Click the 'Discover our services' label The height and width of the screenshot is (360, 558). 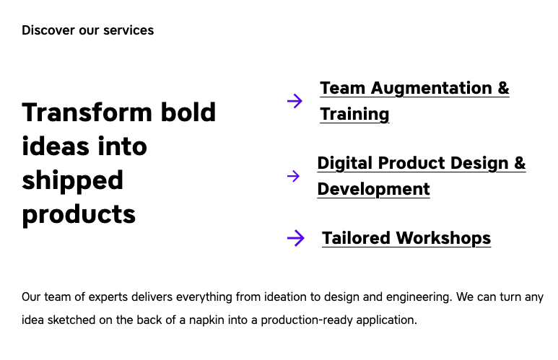tap(87, 30)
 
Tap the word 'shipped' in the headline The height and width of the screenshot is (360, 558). tap(72, 180)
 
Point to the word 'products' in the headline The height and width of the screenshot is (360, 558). tap(79, 214)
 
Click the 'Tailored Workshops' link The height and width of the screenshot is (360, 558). tap(406, 238)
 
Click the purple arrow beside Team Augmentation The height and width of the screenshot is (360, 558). tap(295, 101)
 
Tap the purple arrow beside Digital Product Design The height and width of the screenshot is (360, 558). tap(293, 176)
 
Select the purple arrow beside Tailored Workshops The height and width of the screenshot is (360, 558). tap(295, 238)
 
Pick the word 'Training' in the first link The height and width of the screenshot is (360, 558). tap(354, 115)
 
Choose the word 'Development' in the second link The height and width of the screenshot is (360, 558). tap(373, 190)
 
